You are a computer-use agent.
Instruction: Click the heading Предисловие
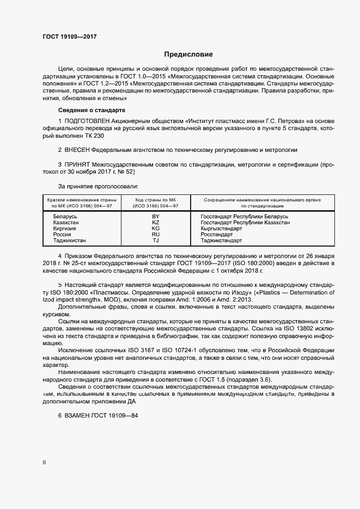188,54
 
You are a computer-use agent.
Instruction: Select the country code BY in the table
155,217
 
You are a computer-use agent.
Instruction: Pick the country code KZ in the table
155,223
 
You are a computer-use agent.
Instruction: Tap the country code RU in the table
155,235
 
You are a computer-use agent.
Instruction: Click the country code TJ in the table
155,241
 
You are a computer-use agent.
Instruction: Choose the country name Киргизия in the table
65,229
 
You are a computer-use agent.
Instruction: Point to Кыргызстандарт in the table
221,229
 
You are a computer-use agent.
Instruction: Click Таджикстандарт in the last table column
221,241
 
